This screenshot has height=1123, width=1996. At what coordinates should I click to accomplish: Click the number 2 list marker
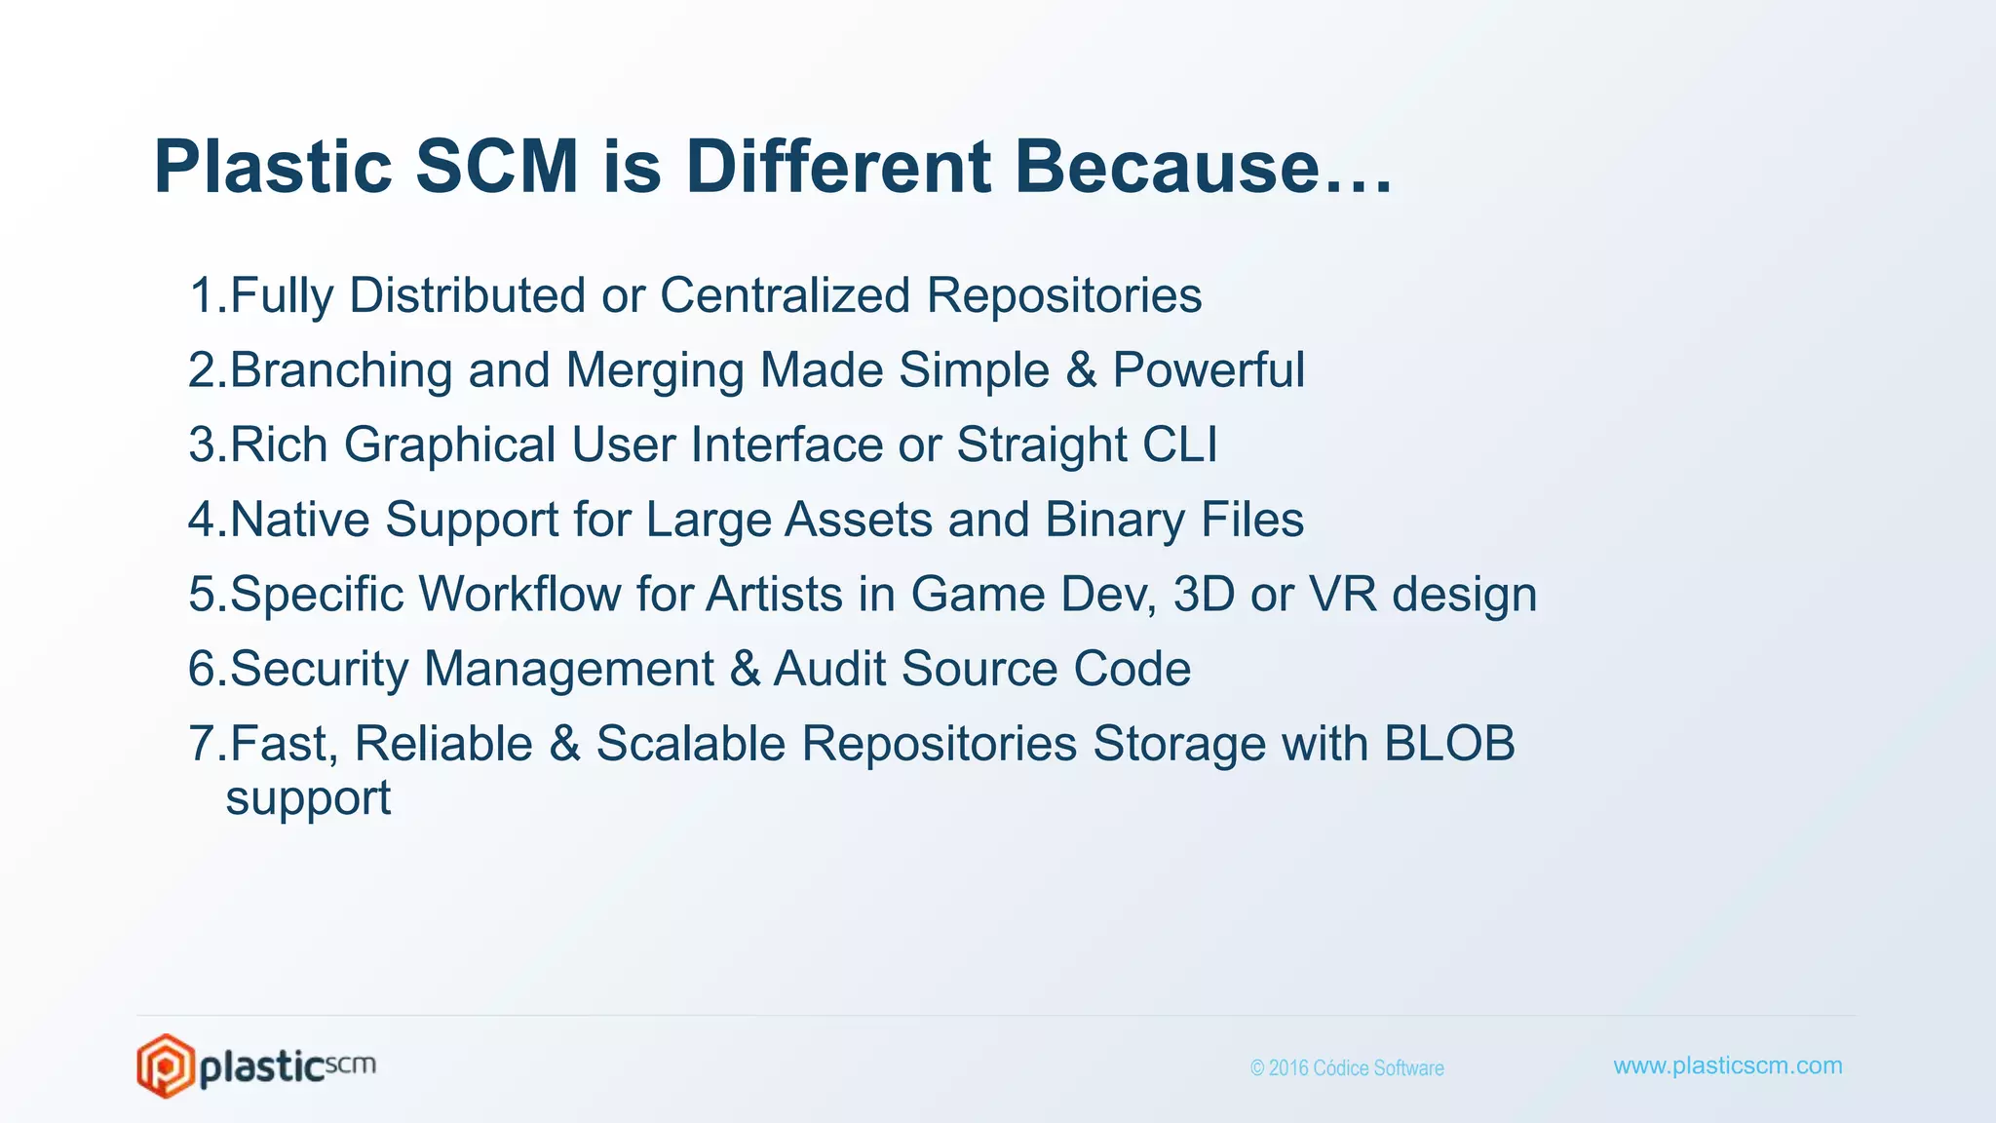205,370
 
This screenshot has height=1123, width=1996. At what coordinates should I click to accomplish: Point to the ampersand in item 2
1081,370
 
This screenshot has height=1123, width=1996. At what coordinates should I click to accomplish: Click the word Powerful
1209,370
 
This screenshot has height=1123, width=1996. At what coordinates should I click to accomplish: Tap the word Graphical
449,446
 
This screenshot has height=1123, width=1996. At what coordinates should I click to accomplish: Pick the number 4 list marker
205,520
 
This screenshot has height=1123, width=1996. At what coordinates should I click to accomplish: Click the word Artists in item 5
774,594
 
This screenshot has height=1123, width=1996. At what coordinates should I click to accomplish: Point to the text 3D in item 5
1204,594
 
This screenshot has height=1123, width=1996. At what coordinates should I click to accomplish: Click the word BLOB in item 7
1449,743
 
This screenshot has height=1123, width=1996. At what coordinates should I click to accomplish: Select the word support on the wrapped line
308,799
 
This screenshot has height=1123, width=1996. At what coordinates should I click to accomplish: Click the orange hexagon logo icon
164,1065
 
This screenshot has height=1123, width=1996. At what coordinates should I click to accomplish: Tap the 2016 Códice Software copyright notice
1347,1068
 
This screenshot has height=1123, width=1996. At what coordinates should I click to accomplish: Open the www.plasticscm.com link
1727,1065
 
